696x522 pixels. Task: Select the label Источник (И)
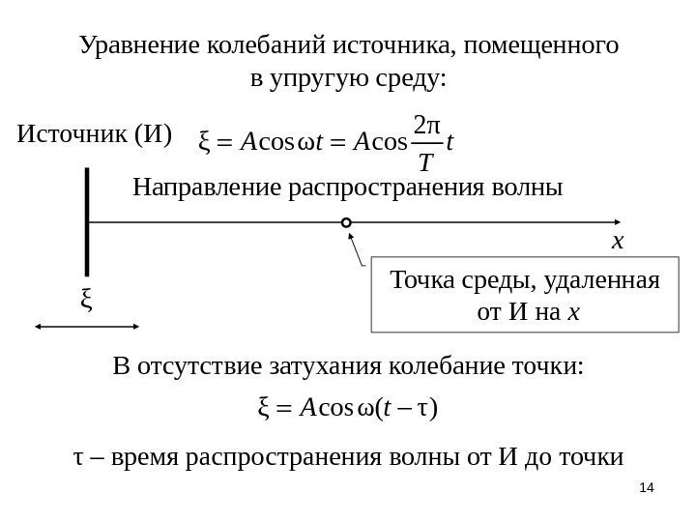(x=95, y=131)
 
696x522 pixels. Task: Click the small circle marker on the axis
(x=347, y=223)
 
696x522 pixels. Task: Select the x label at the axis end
(x=619, y=241)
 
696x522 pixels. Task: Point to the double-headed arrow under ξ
(x=89, y=328)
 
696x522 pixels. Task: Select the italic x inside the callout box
(x=575, y=312)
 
